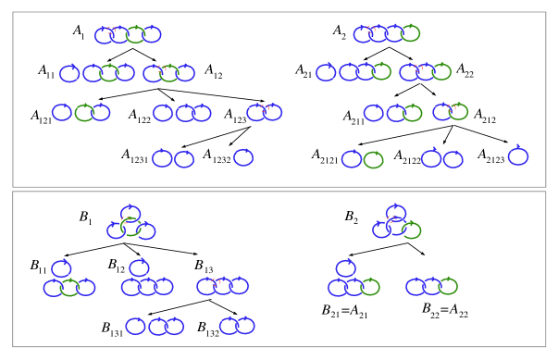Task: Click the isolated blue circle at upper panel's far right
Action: [x=518, y=156]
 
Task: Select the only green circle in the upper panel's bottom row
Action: [x=373, y=160]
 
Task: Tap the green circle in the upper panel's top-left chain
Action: [x=135, y=34]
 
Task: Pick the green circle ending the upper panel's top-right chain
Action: [x=410, y=33]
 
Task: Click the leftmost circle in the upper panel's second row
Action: [x=69, y=73]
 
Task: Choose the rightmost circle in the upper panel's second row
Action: [x=441, y=71]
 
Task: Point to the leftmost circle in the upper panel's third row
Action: [x=62, y=112]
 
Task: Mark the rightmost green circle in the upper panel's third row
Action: [x=458, y=112]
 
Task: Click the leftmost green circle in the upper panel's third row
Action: [x=84, y=113]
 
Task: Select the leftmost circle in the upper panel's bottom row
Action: [x=162, y=158]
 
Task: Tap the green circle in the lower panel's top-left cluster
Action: [x=130, y=227]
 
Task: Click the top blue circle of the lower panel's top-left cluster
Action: [x=130, y=214]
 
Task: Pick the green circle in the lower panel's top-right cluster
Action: [x=411, y=230]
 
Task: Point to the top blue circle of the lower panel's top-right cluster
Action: [x=396, y=213]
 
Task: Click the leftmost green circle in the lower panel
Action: [x=69, y=288]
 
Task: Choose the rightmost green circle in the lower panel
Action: [x=448, y=286]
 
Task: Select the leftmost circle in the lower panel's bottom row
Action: [x=136, y=326]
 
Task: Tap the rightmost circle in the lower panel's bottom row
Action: [x=245, y=326]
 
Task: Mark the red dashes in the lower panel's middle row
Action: [x=215, y=282]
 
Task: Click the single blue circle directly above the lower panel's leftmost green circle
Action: [x=61, y=268]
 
